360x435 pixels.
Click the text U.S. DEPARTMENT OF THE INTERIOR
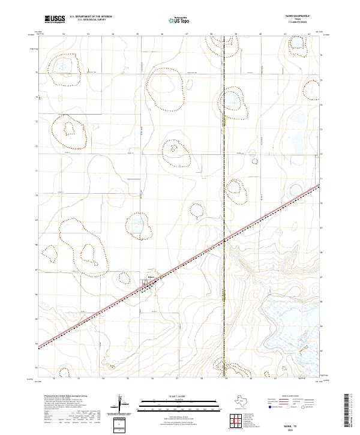tap(91, 17)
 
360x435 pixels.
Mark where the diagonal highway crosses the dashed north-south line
tap(224, 240)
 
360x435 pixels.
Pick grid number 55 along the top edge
tap(137, 34)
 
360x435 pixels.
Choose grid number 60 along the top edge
tap(260, 34)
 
